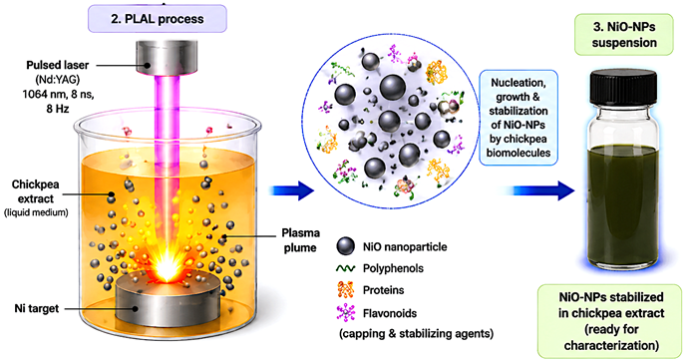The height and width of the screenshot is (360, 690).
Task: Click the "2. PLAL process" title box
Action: click(x=158, y=19)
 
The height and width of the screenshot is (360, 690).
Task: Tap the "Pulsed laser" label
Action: click(x=57, y=65)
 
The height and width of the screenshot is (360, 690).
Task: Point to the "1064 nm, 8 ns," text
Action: click(x=58, y=94)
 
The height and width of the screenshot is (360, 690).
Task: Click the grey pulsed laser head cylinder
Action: click(x=158, y=58)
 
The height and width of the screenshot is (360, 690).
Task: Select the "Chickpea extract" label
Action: click(x=35, y=191)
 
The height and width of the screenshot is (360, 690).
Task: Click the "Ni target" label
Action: click(x=37, y=308)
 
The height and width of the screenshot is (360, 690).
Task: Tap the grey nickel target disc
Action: click(x=169, y=299)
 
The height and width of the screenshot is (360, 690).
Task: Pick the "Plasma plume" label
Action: click(x=300, y=240)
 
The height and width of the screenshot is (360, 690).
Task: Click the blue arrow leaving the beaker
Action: click(x=292, y=190)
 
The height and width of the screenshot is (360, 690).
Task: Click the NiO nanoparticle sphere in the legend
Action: click(x=345, y=246)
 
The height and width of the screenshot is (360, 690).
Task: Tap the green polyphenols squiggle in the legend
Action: click(x=345, y=268)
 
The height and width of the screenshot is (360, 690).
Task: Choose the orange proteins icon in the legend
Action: click(x=345, y=290)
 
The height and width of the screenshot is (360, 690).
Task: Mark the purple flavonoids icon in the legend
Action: click(x=346, y=313)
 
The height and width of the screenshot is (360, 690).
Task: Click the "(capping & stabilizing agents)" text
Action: click(x=416, y=334)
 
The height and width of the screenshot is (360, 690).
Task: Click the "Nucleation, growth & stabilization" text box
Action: click(x=518, y=118)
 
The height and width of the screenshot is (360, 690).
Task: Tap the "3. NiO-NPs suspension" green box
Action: click(x=624, y=35)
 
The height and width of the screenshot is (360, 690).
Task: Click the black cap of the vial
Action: click(x=623, y=88)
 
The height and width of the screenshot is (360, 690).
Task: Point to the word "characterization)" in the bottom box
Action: click(x=611, y=345)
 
